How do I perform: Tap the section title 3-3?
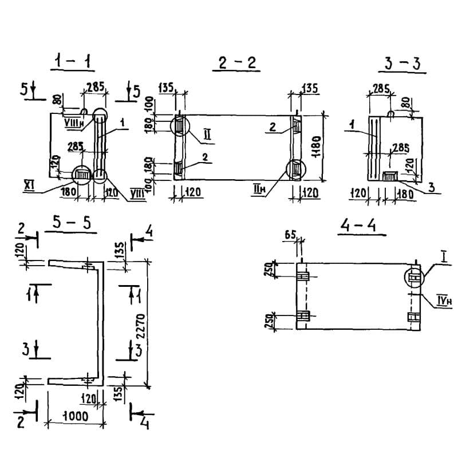point(402,64)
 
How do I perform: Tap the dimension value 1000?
point(74,417)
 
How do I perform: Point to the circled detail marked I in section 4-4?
point(414,278)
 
